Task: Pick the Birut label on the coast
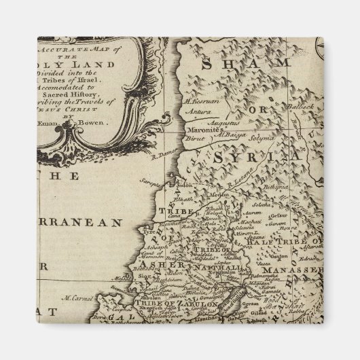pyautogui.click(x=189, y=136)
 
